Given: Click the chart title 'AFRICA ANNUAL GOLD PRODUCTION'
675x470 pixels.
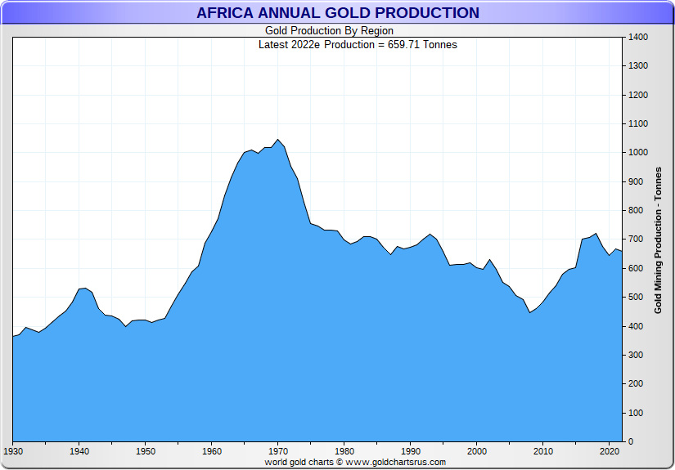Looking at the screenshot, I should tap(337, 13).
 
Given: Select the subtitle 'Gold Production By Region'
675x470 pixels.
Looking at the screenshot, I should tap(329, 31).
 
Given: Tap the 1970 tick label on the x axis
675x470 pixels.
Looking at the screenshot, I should tap(278, 451).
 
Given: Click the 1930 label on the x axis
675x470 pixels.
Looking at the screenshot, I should tap(13, 451).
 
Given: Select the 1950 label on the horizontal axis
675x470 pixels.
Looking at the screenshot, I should tap(146, 451).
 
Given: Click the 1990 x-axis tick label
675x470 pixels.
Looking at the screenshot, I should tap(411, 451).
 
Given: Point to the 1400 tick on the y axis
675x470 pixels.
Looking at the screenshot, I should tap(638, 38).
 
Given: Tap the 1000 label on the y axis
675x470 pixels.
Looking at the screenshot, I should tap(638, 153).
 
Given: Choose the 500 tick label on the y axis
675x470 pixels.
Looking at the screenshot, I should tap(636, 298).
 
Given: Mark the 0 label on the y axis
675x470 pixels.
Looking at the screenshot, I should tap(630, 442).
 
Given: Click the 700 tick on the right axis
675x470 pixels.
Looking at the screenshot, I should tap(636, 239).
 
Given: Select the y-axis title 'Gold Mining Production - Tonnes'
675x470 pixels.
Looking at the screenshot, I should tap(659, 239).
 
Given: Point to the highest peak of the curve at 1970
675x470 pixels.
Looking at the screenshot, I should tap(278, 139).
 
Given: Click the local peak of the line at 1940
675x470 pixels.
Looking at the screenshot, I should tap(84, 288).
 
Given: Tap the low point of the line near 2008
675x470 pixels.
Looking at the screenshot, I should tap(530, 312).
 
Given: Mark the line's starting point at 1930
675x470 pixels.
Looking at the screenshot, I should tap(13, 337).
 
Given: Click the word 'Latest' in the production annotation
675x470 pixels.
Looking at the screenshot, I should tap(274, 44).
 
